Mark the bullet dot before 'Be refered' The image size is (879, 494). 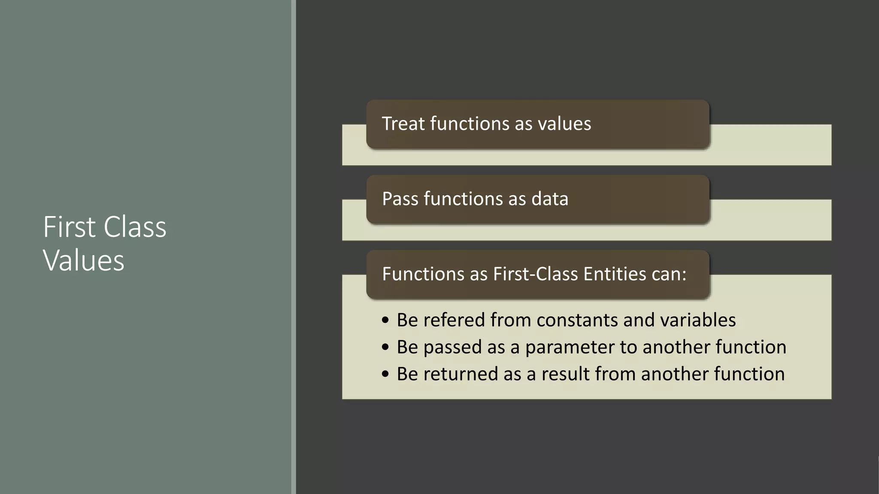385,320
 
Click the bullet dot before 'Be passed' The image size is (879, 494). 385,347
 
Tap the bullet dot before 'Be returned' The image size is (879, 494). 385,374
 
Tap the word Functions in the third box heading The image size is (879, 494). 423,274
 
